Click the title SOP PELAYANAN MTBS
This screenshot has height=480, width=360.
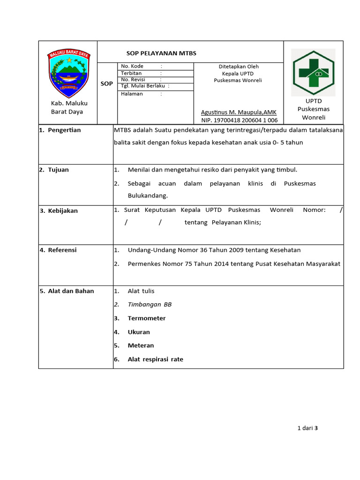click(x=161, y=53)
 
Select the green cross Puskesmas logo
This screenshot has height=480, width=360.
click(x=313, y=72)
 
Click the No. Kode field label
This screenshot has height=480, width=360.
click(x=132, y=67)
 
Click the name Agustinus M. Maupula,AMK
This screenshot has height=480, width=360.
click(x=239, y=112)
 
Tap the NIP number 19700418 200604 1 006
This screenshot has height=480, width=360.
click(x=239, y=120)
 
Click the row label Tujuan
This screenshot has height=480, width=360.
click(x=58, y=170)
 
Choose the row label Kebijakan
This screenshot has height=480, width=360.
click(x=62, y=210)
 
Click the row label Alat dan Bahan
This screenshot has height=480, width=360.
click(x=71, y=291)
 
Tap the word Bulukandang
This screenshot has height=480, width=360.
click(x=148, y=195)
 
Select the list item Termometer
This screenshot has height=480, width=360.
click(x=147, y=318)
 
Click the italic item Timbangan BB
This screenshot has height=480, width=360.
click(x=150, y=305)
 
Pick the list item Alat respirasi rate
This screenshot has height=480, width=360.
click(x=155, y=360)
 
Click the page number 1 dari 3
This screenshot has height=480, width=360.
click(x=308, y=427)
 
